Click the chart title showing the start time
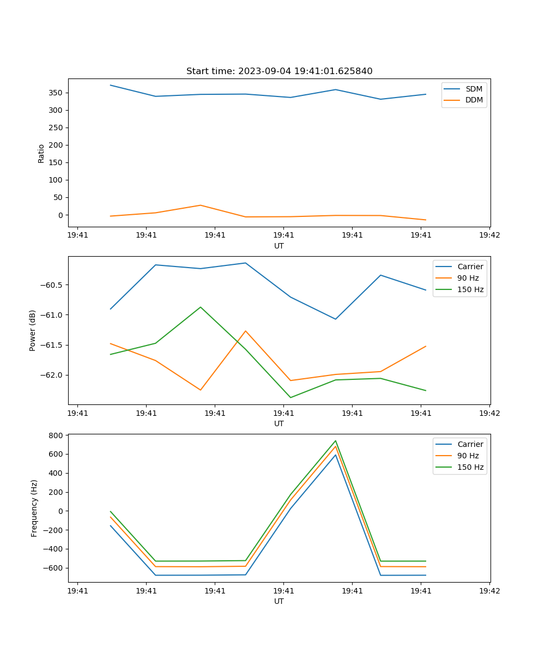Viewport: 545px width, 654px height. (279, 71)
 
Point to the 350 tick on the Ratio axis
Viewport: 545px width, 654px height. (57, 93)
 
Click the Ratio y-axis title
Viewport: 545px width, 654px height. (41, 153)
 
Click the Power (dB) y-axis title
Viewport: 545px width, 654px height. (33, 330)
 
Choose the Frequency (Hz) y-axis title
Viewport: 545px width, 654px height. (34, 508)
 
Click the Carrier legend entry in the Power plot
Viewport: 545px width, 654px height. (470, 267)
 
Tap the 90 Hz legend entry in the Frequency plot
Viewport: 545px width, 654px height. (468, 456)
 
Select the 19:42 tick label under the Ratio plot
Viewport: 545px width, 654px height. (489, 235)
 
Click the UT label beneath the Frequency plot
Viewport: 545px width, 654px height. (279, 601)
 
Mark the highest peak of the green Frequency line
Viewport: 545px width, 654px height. (336, 441)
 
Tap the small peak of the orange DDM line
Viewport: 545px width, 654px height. (201, 205)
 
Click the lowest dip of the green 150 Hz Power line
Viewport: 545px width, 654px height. (290, 397)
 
